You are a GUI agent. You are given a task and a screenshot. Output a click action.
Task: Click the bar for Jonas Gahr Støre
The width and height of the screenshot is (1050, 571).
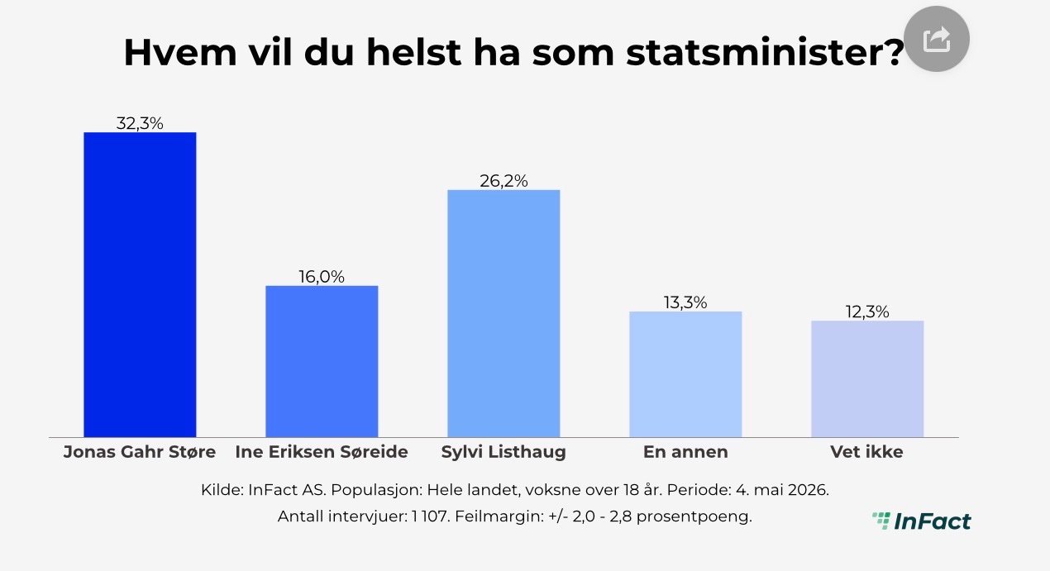point(140,284)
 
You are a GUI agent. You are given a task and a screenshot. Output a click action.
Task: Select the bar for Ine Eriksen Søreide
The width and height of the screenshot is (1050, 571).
point(322,361)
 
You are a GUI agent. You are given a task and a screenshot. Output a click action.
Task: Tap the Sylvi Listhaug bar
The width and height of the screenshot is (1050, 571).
point(504,313)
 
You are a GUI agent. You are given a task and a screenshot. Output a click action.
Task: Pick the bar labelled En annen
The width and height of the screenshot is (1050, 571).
point(685,374)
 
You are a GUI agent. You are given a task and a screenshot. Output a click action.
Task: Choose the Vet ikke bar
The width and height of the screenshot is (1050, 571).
point(867,379)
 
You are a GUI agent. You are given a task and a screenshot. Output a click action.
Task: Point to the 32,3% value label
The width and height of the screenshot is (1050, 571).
point(140,123)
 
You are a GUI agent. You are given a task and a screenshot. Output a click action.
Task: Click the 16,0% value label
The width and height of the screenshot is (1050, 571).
point(322,277)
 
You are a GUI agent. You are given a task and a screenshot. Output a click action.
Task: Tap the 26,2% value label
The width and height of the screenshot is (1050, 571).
point(504,181)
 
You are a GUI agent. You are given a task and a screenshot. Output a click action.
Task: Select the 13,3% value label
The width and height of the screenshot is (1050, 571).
point(685,302)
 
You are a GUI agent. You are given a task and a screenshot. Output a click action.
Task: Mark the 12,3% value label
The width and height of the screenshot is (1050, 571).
point(867,312)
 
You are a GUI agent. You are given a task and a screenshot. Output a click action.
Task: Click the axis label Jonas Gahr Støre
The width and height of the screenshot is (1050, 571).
point(140,452)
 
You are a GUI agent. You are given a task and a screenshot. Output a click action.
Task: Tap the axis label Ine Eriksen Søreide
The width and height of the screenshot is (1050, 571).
point(322,452)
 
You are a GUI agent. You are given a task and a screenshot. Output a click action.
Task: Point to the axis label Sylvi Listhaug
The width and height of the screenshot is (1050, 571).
point(504,452)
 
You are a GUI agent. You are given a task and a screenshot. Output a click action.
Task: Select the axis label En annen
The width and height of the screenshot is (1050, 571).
point(685,452)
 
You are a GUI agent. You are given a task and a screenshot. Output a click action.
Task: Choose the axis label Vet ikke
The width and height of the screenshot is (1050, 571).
point(866,452)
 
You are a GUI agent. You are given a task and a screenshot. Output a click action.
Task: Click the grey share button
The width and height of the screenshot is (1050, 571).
point(937,39)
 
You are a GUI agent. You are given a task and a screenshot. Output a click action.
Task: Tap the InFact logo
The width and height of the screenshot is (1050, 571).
point(922,521)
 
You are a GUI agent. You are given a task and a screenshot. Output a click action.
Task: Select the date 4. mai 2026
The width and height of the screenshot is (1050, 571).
point(782,490)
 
